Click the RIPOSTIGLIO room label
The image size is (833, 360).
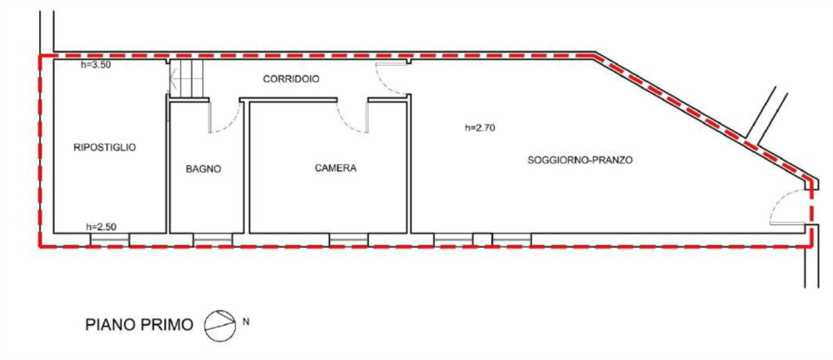[x=105, y=147]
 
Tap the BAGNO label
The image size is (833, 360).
[x=203, y=168]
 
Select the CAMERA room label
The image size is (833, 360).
[x=335, y=168]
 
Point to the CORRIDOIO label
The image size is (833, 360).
[x=291, y=78]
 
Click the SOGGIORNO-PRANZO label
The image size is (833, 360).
[x=581, y=158]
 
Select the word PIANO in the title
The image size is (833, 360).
[x=112, y=323]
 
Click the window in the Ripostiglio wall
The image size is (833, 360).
[x=109, y=239]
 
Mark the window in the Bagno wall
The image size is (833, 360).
[x=212, y=239]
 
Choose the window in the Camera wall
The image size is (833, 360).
[x=348, y=239]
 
